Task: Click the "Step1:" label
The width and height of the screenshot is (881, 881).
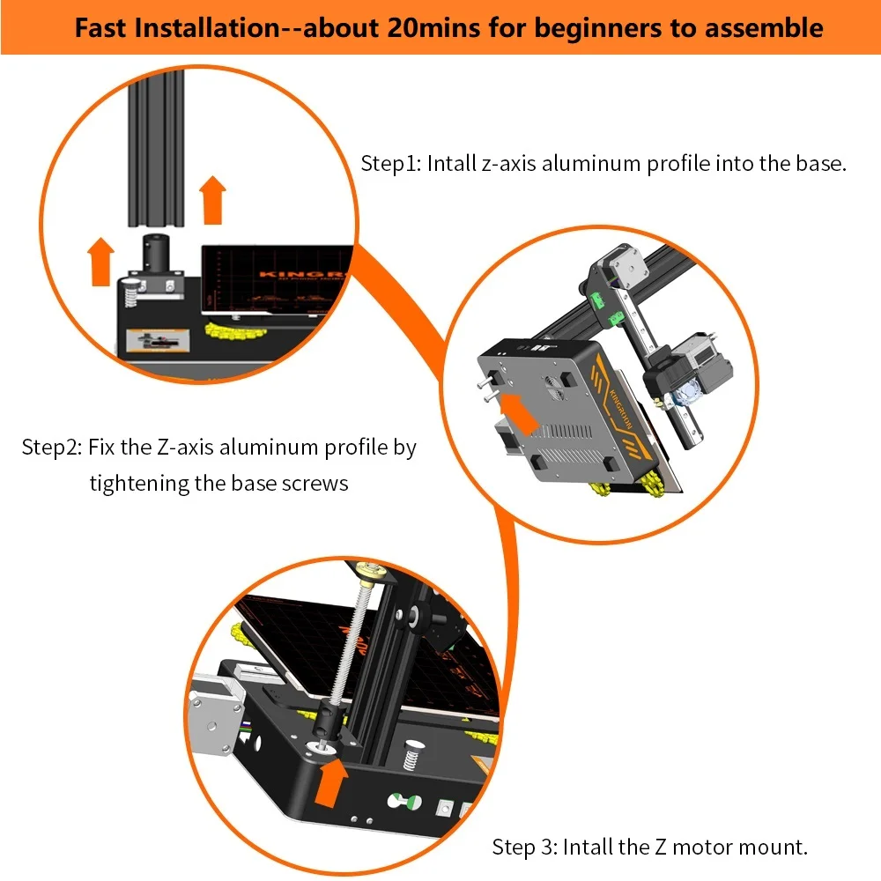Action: (391, 164)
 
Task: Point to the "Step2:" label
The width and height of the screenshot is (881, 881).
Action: (52, 448)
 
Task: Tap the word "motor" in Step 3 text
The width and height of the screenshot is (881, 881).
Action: (702, 847)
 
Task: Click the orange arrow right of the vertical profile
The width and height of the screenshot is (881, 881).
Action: (212, 201)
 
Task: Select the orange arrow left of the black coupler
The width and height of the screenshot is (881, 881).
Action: (101, 262)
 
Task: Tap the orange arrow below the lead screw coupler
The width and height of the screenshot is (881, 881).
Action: (331, 782)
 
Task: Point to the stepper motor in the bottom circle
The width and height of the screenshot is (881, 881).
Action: (217, 714)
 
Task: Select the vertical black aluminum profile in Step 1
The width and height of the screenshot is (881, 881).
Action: (156, 148)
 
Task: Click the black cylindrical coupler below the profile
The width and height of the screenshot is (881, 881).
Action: (156, 256)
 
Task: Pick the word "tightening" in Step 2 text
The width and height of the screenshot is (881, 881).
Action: (139, 483)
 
